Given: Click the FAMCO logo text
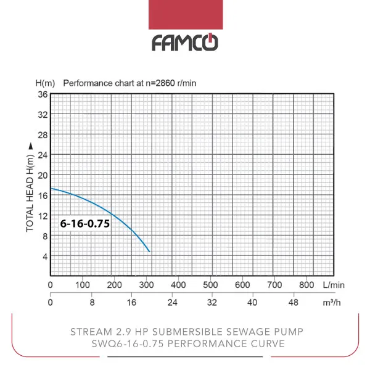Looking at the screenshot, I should pos(185,43).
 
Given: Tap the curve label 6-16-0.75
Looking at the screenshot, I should pos(84,224).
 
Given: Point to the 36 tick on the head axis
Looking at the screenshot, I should pos(43,94).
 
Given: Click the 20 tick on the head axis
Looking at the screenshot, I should pos(43,175).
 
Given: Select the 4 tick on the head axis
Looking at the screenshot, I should pos(43,256).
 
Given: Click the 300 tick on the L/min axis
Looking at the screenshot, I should pos(146,285).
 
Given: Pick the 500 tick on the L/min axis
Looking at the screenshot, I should pos(210,285).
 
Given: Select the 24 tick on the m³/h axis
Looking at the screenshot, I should pos(173,303).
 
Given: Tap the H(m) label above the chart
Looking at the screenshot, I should pos(46,83).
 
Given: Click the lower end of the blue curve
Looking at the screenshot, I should pos(149,252).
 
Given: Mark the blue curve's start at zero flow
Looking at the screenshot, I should pos(51,188).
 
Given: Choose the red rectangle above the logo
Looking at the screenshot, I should pos(186,15).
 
